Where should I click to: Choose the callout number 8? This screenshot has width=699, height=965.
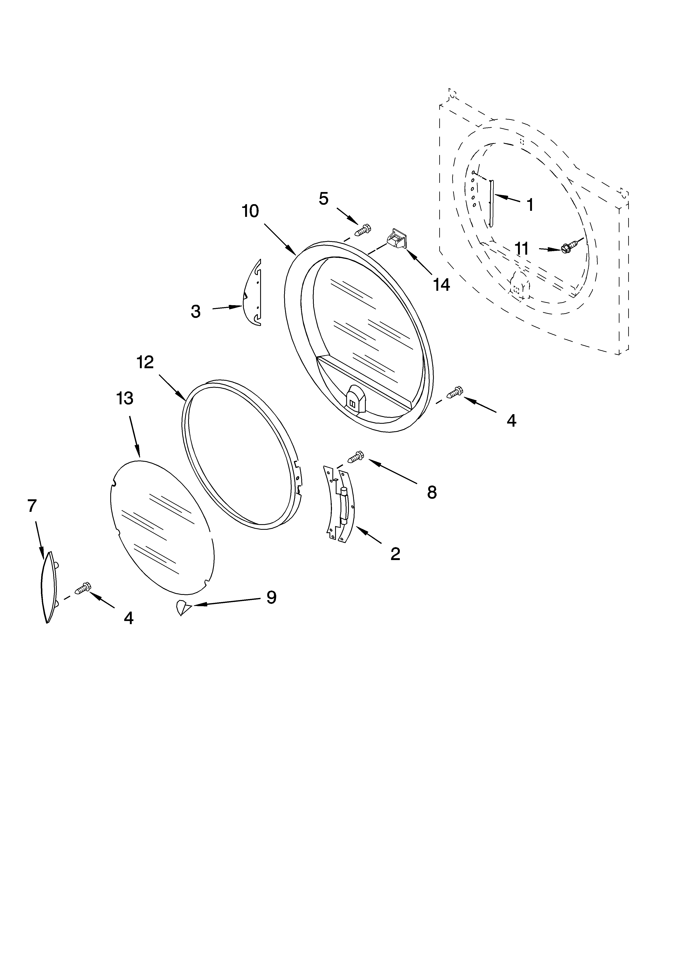click(x=432, y=492)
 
